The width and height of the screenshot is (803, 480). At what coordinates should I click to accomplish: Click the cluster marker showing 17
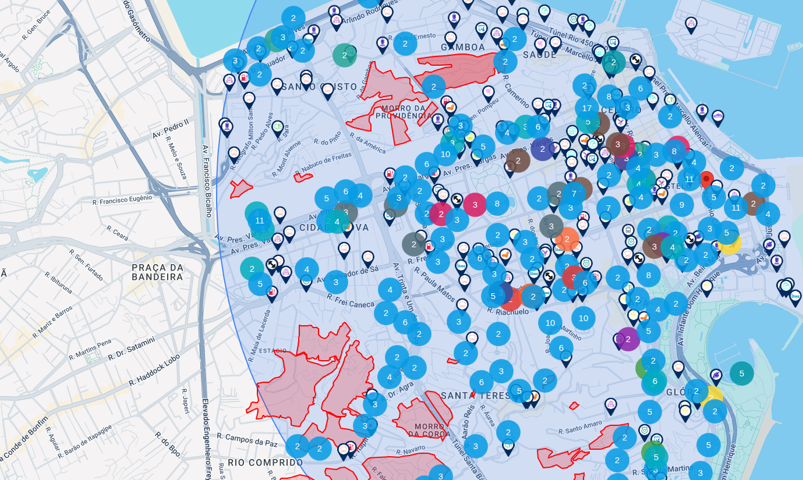[587, 108]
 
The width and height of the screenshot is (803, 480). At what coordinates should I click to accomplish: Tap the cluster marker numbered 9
[681, 205]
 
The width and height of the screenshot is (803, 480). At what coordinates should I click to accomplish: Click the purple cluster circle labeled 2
[628, 339]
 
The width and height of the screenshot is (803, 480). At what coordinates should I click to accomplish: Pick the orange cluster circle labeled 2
[567, 239]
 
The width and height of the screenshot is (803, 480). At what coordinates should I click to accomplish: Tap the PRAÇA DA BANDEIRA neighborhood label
[157, 272]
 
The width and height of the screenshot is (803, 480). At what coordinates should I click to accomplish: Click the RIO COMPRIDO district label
[265, 463]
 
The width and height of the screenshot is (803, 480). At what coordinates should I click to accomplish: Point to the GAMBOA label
[464, 47]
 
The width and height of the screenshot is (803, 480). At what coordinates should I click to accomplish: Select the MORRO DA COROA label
[429, 430]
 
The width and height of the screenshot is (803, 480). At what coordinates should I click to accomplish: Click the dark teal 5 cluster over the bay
[741, 374]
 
